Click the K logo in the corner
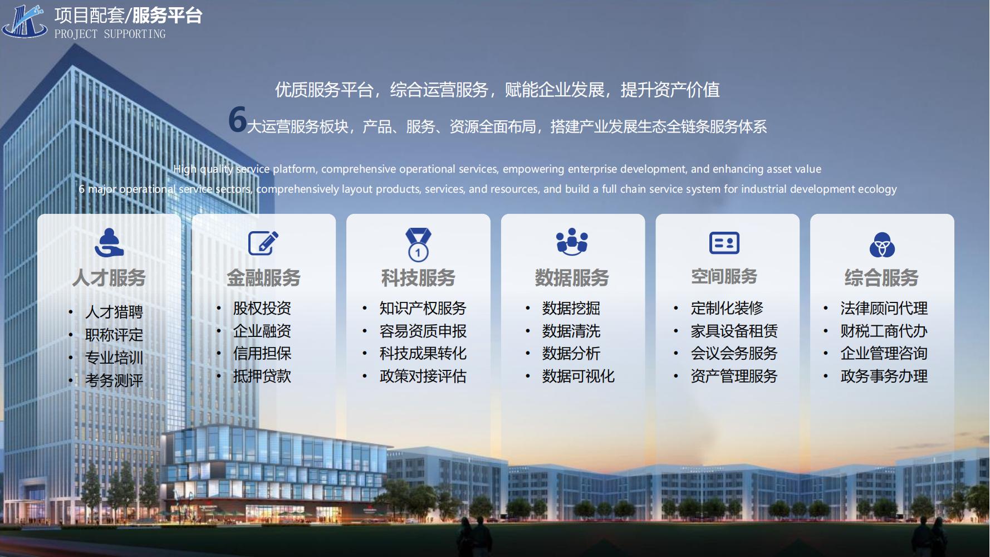[x=24, y=21]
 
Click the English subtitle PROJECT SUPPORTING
[x=110, y=34]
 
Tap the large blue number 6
[x=238, y=119]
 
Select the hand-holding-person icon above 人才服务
[x=109, y=243]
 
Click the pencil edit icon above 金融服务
[x=263, y=243]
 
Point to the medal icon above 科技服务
[x=418, y=244]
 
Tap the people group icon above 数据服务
[x=572, y=242]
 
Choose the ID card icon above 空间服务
[x=724, y=243]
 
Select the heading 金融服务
[x=263, y=277]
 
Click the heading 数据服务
[x=572, y=277]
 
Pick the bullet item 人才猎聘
[x=114, y=312]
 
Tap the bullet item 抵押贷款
[x=262, y=376]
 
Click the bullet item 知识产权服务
[x=423, y=308]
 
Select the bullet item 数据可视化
[x=579, y=376]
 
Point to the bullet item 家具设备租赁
[x=734, y=331]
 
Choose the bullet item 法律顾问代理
[x=884, y=308]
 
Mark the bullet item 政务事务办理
[x=884, y=376]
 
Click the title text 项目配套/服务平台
[x=129, y=15]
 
